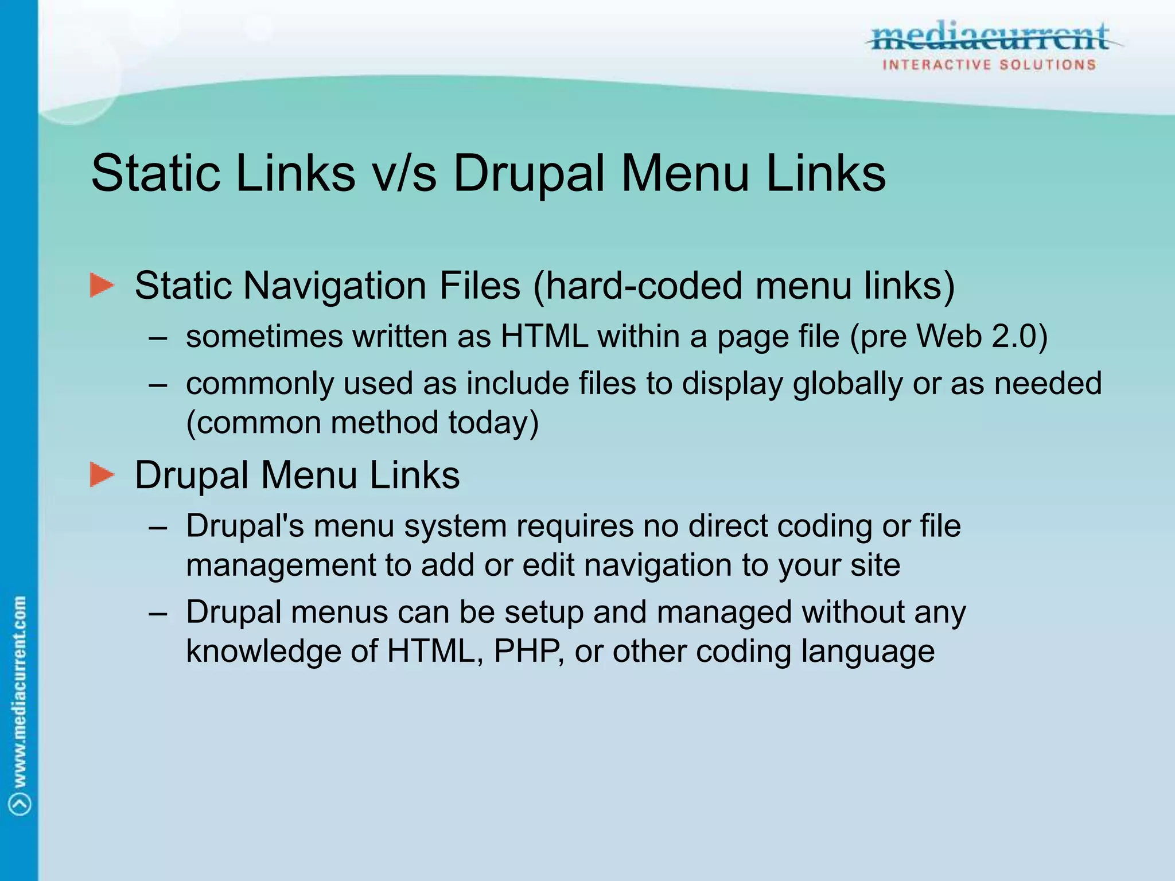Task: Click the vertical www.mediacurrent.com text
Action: [20, 691]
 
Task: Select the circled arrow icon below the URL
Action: [21, 804]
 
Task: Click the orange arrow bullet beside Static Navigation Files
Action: [102, 286]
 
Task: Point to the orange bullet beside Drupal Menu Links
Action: [102, 475]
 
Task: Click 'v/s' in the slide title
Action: [404, 173]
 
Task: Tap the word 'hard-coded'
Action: [642, 286]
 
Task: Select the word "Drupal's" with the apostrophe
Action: [245, 526]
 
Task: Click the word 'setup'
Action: [544, 612]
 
